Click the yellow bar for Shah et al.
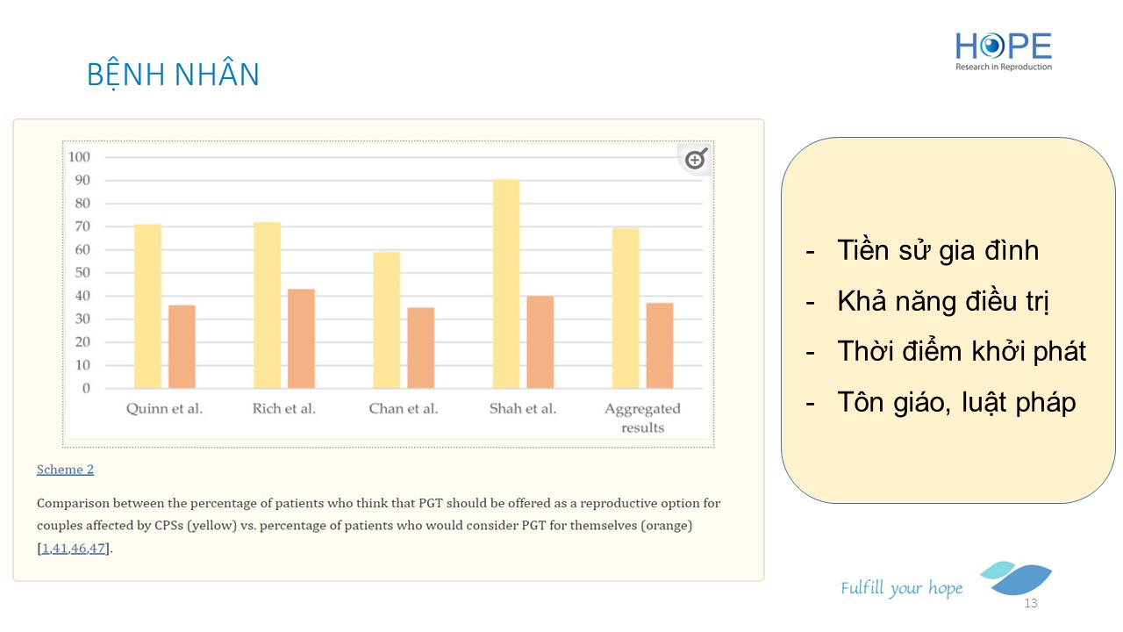(x=506, y=284)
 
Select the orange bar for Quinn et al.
(x=182, y=346)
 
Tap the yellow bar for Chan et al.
(x=387, y=320)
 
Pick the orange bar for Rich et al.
(x=301, y=338)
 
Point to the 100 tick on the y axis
(x=80, y=157)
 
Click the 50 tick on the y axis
(x=80, y=273)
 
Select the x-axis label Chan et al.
(x=404, y=408)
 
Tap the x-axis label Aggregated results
(x=642, y=418)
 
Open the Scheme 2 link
(x=65, y=470)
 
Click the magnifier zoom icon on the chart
(x=696, y=159)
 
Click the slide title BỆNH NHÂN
(x=173, y=75)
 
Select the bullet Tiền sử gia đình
(x=937, y=250)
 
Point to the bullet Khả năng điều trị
(x=943, y=301)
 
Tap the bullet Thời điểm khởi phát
(x=961, y=351)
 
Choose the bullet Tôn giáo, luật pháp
(x=955, y=402)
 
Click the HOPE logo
(x=1004, y=51)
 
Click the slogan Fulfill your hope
(x=901, y=588)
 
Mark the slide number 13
(x=1031, y=604)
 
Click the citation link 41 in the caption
(x=60, y=549)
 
